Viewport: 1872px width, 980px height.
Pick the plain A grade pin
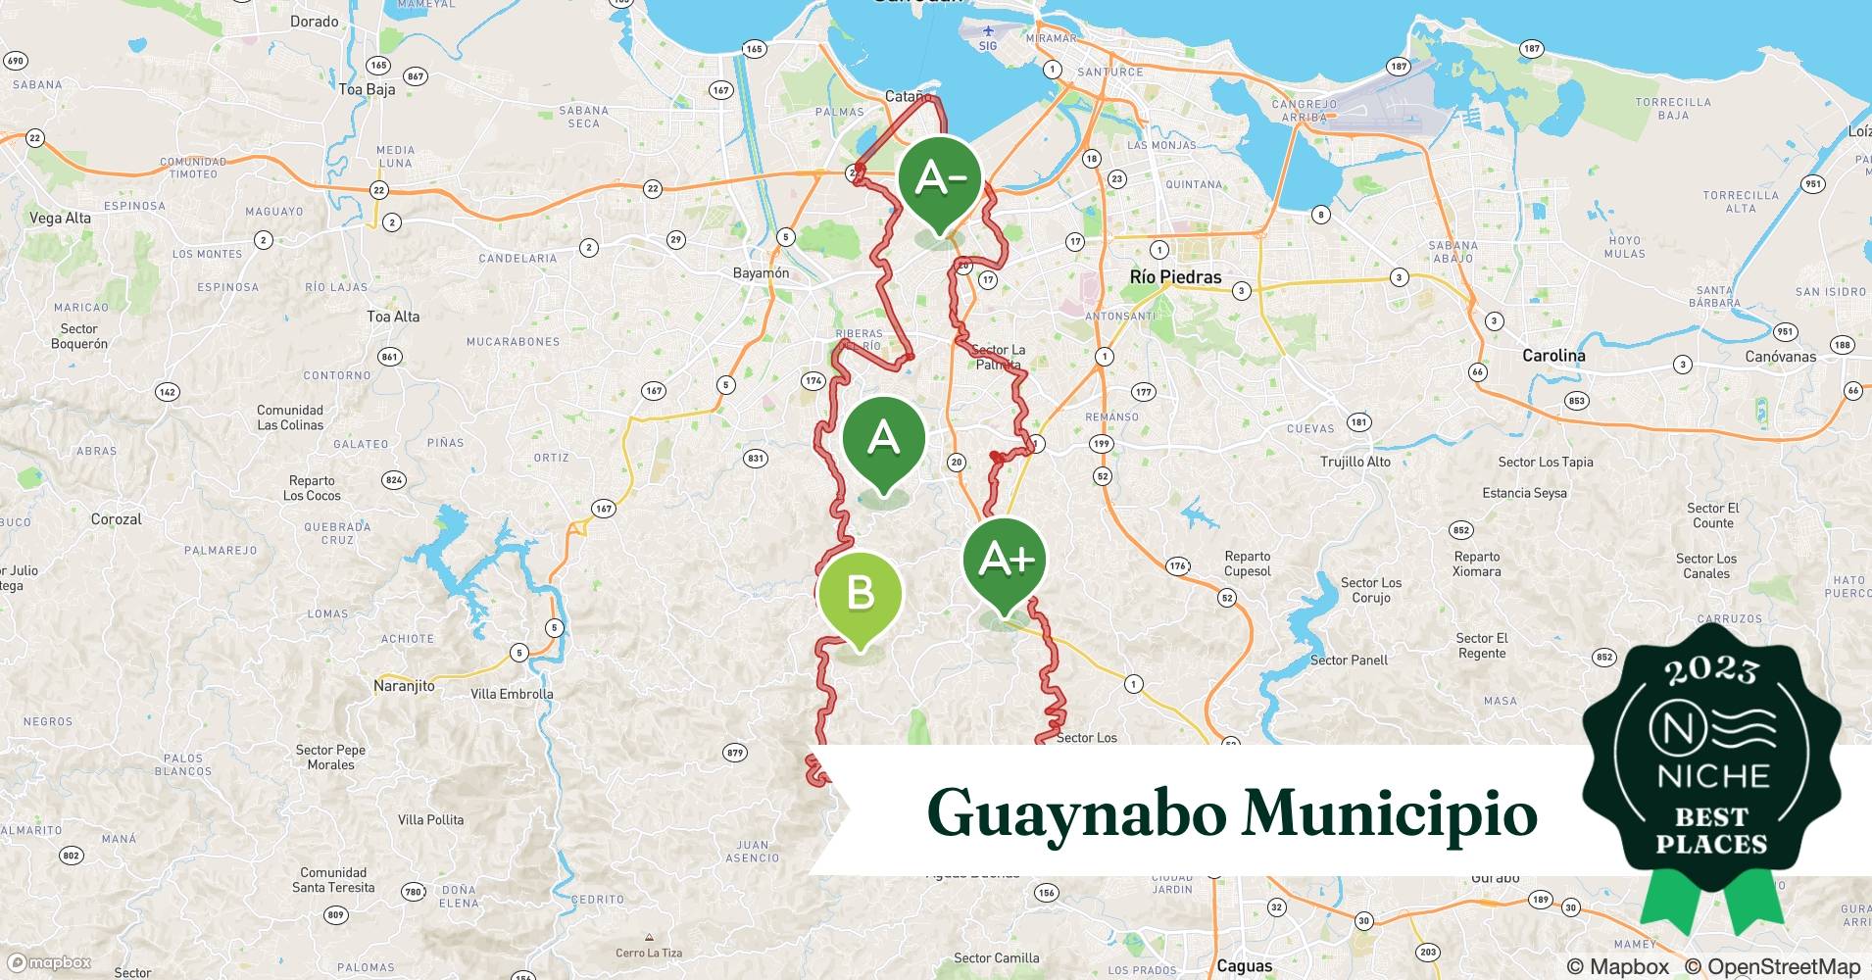pos(883,438)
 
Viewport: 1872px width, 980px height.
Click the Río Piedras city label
pos(1175,277)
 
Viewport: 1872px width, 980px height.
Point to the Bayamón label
pos(761,273)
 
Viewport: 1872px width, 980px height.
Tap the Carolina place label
pos(1553,356)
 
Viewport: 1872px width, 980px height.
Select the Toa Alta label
pos(393,317)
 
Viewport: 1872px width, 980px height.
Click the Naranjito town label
pos(404,686)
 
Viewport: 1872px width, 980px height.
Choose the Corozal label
pos(117,519)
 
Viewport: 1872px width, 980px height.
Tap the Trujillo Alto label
pos(1355,462)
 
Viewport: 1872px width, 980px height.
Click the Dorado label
pos(315,22)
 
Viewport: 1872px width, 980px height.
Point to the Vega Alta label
pos(60,218)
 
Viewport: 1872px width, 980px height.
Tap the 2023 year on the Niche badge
pos(1711,670)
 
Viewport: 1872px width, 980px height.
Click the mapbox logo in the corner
pos(49,962)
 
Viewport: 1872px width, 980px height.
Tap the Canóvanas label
pos(1780,357)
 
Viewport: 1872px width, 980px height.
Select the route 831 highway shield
pos(755,458)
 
